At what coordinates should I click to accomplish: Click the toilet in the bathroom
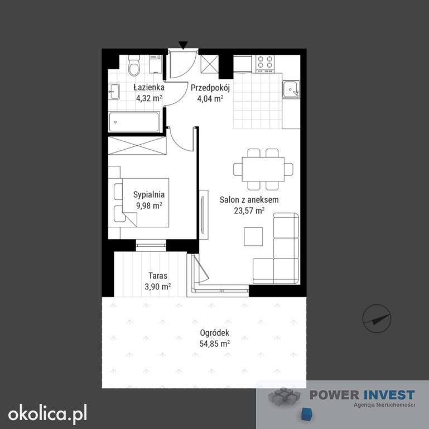point(134,65)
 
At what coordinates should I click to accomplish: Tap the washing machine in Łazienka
point(156,64)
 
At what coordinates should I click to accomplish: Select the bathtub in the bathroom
point(134,122)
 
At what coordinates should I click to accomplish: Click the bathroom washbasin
point(114,92)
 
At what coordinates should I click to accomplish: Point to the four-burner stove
point(264,64)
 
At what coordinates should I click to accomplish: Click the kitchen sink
point(291,89)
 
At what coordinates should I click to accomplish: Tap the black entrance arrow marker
point(183,45)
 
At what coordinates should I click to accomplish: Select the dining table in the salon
point(263,169)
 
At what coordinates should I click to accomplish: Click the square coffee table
point(253,236)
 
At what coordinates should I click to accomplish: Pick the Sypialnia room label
point(149,194)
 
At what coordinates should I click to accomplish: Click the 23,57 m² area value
point(249,211)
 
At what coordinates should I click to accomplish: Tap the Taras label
point(158,275)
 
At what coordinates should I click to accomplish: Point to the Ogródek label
point(214,333)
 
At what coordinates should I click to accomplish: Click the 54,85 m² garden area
point(214,343)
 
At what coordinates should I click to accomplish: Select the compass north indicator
point(377,318)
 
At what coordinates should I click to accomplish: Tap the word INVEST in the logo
point(389,395)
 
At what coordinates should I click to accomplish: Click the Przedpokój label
point(210,88)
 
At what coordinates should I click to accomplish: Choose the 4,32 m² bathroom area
point(149,98)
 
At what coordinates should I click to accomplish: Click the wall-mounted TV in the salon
point(203,214)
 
